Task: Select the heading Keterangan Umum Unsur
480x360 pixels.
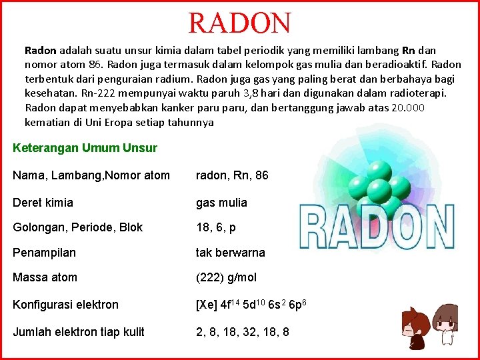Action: (85, 148)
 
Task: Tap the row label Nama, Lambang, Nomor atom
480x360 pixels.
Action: (91, 175)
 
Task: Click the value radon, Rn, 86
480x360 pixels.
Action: (232, 175)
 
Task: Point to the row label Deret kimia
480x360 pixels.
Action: (43, 203)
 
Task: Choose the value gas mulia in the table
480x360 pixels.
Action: (221, 203)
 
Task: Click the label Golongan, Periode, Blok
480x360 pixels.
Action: (78, 227)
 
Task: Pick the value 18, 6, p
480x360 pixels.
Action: (216, 227)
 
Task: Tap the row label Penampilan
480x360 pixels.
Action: (45, 253)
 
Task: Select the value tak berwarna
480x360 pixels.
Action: (230, 253)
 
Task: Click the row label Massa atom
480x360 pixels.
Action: (45, 277)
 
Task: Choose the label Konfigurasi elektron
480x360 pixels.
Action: (66, 305)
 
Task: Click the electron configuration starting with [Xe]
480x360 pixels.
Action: (251, 304)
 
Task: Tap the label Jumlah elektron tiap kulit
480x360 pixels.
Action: (79, 331)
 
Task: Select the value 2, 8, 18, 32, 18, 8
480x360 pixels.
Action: (243, 331)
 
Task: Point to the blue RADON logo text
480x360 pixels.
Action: (377, 227)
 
